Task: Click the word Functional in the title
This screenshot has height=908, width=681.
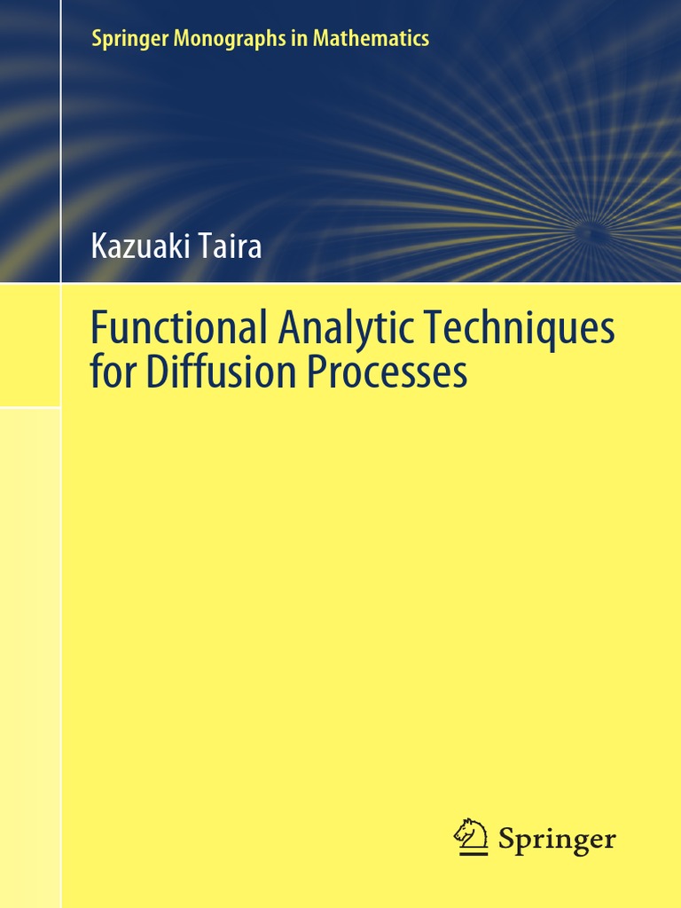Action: click(x=177, y=329)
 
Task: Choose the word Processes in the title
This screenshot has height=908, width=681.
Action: click(x=387, y=372)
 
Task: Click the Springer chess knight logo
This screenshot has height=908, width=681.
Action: click(x=471, y=837)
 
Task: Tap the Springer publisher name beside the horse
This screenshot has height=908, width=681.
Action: click(x=557, y=839)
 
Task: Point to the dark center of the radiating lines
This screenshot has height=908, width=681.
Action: click(x=592, y=233)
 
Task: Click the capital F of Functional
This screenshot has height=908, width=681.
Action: click(x=98, y=329)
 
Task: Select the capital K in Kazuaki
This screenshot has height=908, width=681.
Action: click(x=98, y=246)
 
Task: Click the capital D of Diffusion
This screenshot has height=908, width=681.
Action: click(x=157, y=372)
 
